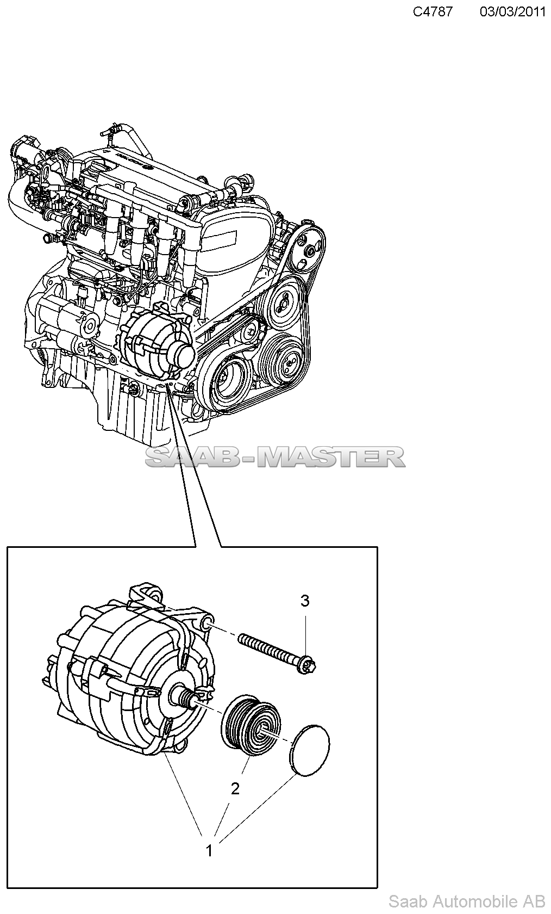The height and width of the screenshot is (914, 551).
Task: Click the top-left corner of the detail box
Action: click(x=8, y=547)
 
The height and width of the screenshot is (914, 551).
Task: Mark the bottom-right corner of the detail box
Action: click(x=377, y=888)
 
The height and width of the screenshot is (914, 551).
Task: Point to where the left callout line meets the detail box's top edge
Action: click(x=196, y=547)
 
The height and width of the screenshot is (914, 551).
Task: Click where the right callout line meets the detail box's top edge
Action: click(x=221, y=547)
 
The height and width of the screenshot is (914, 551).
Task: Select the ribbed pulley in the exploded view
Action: click(x=251, y=725)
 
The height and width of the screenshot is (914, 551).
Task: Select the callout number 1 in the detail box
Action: click(x=209, y=851)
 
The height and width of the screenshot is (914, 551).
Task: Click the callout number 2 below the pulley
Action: click(x=235, y=789)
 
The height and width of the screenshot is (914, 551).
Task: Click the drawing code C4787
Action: click(x=433, y=12)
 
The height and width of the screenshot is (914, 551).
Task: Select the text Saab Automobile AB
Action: click(x=467, y=901)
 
